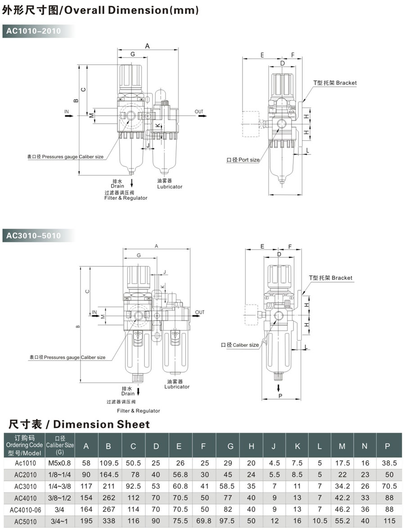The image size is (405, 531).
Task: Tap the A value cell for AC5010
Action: (x=86, y=521)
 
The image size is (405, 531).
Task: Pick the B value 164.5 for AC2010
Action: (x=108, y=474)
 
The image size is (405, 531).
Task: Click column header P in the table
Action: (x=387, y=446)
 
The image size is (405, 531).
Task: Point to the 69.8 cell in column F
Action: (x=203, y=521)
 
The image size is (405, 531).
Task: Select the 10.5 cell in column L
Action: (x=319, y=521)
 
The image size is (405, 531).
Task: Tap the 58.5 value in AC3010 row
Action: (x=230, y=486)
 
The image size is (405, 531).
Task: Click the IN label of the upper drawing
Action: (x=67, y=111)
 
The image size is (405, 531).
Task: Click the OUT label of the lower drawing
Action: (x=200, y=312)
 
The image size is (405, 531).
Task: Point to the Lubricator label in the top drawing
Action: (x=170, y=186)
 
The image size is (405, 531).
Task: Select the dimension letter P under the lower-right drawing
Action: (x=280, y=396)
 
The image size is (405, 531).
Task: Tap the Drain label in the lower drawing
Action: (x=128, y=393)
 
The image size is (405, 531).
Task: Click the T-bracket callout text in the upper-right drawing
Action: (x=335, y=83)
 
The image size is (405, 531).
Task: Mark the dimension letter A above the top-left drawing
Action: (x=147, y=45)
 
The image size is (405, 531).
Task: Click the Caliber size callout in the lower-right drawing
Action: (x=240, y=345)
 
